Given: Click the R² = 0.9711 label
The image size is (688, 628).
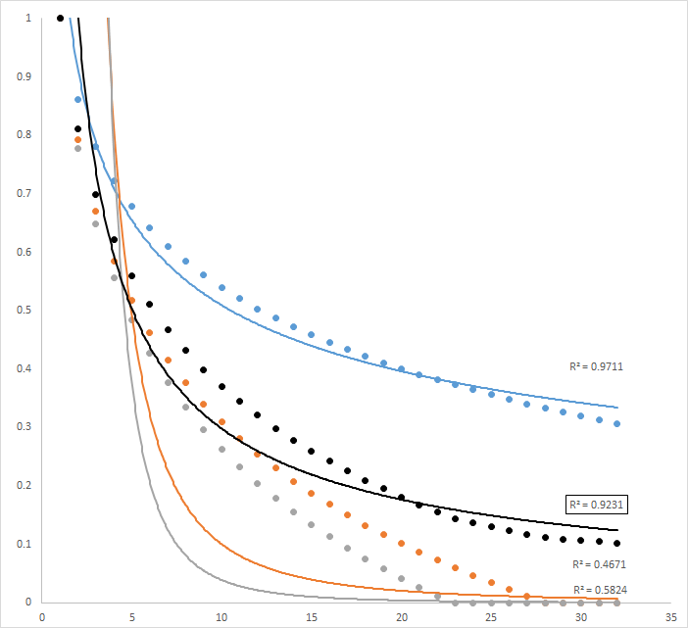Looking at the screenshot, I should [597, 366].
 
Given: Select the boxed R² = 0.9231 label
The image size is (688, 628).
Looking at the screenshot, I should [597, 506].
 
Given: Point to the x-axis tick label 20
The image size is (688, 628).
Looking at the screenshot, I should [402, 618].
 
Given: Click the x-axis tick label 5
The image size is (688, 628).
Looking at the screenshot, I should [132, 618].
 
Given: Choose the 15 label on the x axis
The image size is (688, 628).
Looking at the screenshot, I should [312, 618].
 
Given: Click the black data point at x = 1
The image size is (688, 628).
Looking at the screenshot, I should [60, 18].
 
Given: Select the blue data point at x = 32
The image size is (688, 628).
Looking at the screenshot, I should [617, 424].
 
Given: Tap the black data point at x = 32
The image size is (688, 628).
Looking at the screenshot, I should [617, 543].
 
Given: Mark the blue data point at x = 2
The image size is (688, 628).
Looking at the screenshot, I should [78, 99].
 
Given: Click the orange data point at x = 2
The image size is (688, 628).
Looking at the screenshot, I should [78, 140].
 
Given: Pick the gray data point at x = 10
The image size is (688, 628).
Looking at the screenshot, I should [221, 450].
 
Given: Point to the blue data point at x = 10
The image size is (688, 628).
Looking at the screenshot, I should [221, 288].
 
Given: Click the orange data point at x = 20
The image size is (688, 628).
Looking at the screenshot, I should [402, 546].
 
